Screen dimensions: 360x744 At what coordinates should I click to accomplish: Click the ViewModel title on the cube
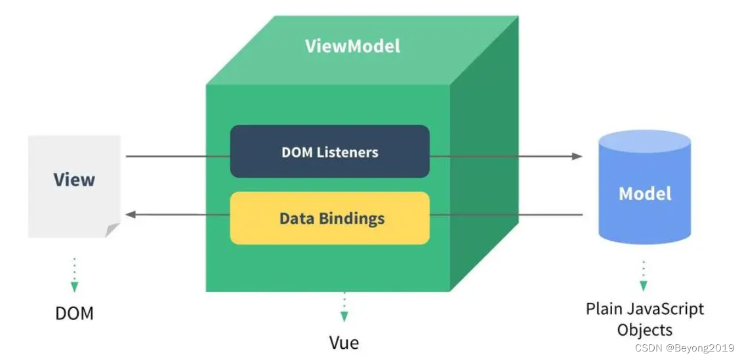click(x=352, y=47)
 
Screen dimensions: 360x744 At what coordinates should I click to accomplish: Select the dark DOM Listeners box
click(x=329, y=151)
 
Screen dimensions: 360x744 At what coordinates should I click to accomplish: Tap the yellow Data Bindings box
click(x=329, y=218)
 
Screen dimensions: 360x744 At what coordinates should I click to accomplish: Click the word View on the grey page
click(x=74, y=180)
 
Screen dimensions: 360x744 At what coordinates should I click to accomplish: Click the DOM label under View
click(x=74, y=313)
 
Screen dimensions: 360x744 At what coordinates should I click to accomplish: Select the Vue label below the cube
click(x=344, y=342)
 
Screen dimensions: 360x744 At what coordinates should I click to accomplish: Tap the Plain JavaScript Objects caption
click(x=644, y=318)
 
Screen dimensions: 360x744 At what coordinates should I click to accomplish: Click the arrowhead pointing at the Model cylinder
click(x=577, y=156)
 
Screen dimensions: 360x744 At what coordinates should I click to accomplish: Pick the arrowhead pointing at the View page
click(x=131, y=214)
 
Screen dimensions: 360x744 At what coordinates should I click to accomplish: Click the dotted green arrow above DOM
click(x=74, y=275)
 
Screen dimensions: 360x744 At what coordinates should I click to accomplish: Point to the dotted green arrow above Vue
click(x=344, y=307)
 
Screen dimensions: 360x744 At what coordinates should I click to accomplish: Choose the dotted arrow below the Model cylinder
click(x=643, y=275)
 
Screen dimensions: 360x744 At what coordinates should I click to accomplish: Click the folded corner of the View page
click(x=113, y=230)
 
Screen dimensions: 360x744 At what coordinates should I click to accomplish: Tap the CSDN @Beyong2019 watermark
click(x=685, y=348)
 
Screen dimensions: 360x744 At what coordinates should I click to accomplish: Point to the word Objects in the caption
click(x=644, y=329)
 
